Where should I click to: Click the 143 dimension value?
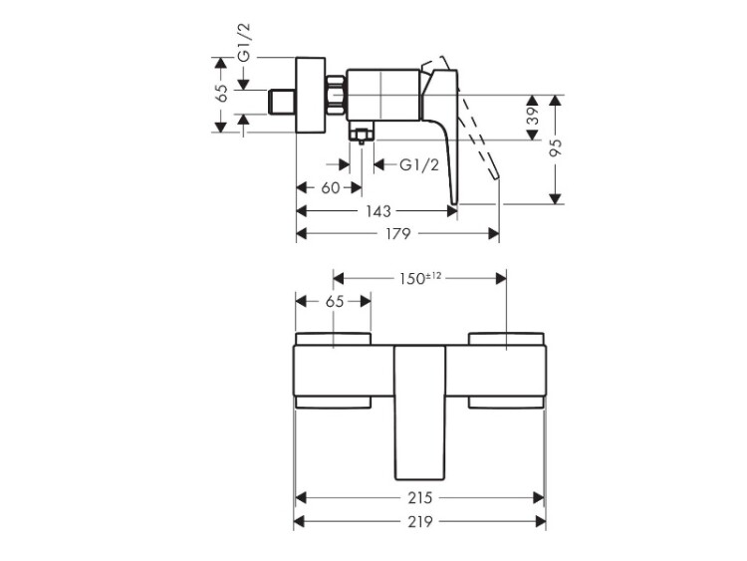click(378, 210)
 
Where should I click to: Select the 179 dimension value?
click(397, 233)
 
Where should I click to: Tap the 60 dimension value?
click(330, 187)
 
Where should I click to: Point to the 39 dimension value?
click(533, 115)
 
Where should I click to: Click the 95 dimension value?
click(556, 146)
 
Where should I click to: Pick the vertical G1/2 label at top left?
click(244, 43)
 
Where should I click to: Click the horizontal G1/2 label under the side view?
click(418, 165)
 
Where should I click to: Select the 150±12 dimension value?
click(420, 278)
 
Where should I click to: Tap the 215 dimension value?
click(419, 498)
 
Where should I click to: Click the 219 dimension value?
click(419, 521)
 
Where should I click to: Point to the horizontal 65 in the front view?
click(334, 301)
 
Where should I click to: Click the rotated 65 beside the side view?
click(221, 93)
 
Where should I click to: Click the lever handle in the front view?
click(419, 413)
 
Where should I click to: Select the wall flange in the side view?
click(311, 95)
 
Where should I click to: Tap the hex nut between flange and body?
click(336, 95)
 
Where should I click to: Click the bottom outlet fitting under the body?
click(362, 132)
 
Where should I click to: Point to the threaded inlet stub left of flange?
click(282, 102)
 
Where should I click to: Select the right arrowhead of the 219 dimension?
click(541, 521)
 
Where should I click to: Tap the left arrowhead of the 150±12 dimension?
click(339, 278)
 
